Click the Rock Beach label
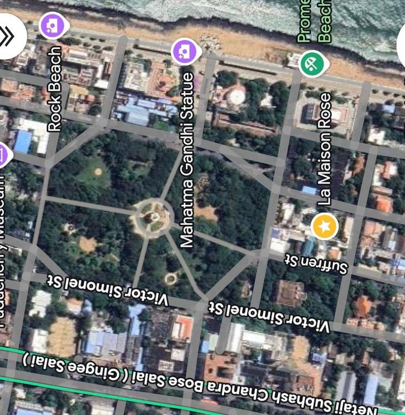pyautogui.click(x=55, y=89)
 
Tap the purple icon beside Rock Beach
pyautogui.click(x=52, y=25)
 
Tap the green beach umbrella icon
pyautogui.click(x=312, y=64)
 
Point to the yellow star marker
pyautogui.click(x=325, y=226)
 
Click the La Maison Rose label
pyautogui.click(x=324, y=148)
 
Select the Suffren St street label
pyautogui.click(x=316, y=264)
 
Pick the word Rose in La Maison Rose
pyautogui.click(x=324, y=110)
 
